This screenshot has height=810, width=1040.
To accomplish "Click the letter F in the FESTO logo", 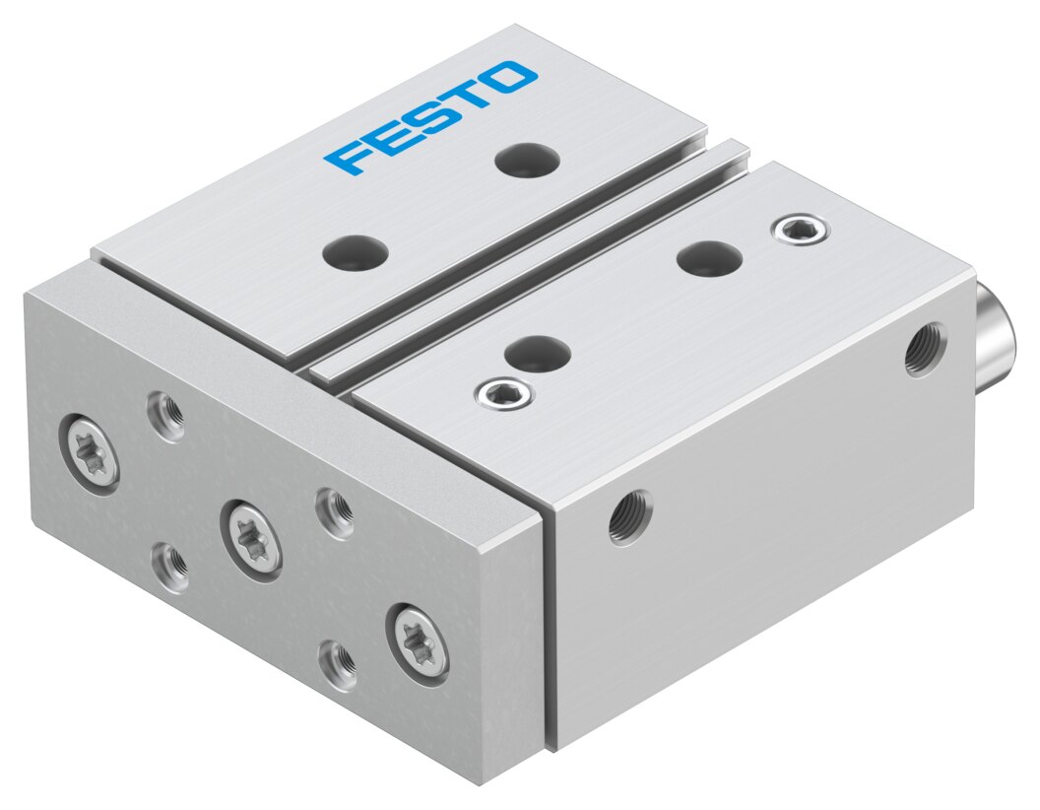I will pos(351,158).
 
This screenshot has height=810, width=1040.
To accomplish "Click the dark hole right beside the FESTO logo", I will pos(522,159).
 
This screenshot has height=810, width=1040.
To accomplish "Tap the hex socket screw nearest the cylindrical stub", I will pos(800,231).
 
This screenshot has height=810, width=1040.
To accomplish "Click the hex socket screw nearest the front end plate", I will pos(501,396).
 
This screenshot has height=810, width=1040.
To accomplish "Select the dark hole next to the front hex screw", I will pos(541,353).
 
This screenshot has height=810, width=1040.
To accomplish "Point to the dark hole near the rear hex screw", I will pos(709,258).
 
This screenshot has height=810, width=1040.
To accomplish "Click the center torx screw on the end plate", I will pos(251,538).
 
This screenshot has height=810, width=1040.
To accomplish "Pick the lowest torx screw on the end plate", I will pos(418,641).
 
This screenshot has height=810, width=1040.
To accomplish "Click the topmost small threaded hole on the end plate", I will pos(165,415).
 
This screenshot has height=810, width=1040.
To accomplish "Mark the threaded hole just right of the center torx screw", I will pos(334,512).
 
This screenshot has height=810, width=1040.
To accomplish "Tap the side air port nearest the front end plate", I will pos(628,515).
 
